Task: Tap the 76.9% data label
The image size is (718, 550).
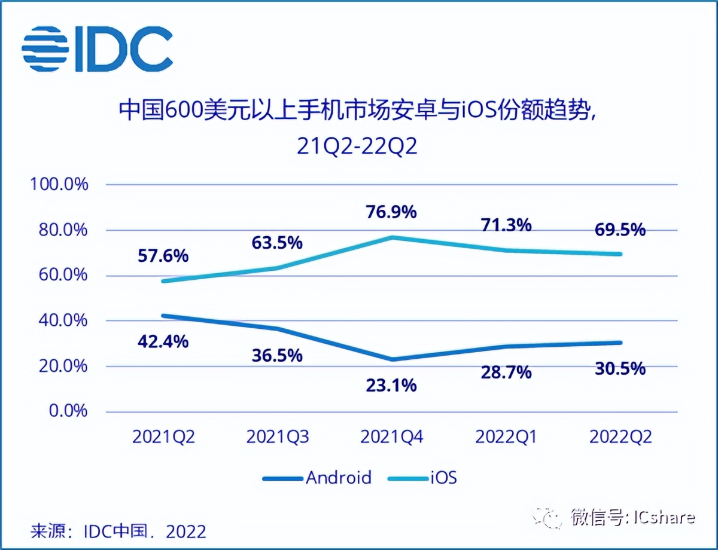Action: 392,212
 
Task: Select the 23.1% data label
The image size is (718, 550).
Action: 392,386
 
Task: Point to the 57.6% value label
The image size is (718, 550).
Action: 164,256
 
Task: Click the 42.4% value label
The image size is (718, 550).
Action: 164,342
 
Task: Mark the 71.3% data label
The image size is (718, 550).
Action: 506,225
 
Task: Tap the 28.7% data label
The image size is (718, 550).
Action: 506,372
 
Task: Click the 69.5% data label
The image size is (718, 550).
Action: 620,230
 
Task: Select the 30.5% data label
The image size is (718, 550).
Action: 620,368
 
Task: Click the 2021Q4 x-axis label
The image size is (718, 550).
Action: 392,437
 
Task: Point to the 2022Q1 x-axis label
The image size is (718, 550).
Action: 506,437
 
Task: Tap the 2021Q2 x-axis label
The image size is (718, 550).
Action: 164,437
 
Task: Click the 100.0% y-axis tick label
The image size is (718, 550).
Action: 59,184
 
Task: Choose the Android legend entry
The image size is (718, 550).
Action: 317,478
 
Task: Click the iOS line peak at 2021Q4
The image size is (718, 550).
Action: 392,237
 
